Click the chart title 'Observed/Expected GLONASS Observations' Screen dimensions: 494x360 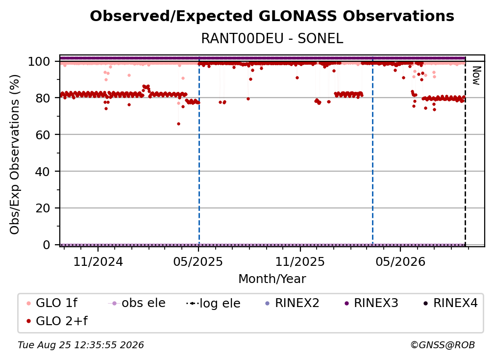(x=272, y=16)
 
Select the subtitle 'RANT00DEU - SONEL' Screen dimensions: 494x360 (x=272, y=39)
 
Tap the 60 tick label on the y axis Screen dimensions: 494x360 (x=43, y=135)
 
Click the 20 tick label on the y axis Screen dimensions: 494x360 (x=43, y=208)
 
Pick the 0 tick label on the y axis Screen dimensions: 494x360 (x=47, y=245)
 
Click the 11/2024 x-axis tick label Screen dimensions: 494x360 (x=98, y=261)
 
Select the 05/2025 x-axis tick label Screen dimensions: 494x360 (x=198, y=261)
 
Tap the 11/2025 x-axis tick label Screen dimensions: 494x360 (x=300, y=261)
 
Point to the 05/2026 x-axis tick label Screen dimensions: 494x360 (x=400, y=261)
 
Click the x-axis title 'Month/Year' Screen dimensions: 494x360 (x=272, y=279)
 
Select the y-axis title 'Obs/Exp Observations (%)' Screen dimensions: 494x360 (x=15, y=154)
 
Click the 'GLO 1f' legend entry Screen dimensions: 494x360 (x=51, y=303)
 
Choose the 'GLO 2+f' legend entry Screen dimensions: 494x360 (x=57, y=321)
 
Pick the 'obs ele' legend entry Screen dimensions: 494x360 (x=136, y=303)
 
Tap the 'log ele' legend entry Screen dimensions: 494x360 (x=213, y=304)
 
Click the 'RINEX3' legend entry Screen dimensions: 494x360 (x=371, y=303)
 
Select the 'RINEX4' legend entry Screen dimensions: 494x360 (x=450, y=303)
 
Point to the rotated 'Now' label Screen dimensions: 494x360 (x=476, y=76)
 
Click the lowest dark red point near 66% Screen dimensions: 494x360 (x=178, y=124)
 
